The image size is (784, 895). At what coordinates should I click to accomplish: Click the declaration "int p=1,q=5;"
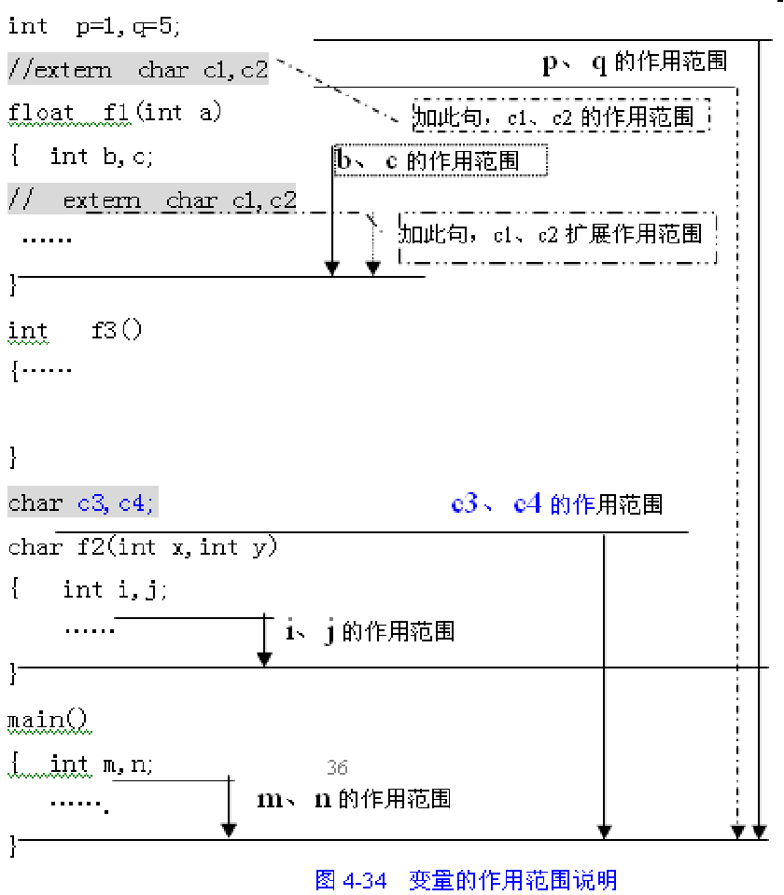pos(93,26)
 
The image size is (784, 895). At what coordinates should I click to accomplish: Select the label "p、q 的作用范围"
pos(635,62)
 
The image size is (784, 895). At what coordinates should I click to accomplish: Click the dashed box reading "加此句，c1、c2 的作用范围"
pos(560,117)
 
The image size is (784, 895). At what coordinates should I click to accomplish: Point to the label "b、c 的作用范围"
pos(440,160)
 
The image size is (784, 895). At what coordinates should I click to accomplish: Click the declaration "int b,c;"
pos(102,157)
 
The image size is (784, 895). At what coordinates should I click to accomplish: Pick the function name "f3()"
pos(117,330)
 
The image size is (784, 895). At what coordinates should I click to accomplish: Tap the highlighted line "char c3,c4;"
pos(83,503)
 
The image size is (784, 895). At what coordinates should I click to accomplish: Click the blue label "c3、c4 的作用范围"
pos(556,504)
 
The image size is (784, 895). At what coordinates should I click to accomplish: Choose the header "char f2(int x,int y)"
pos(143,546)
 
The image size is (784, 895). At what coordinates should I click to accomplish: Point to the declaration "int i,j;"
pos(115,589)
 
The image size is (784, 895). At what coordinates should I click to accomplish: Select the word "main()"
pos(47,720)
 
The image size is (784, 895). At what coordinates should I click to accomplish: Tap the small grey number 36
pos(337,768)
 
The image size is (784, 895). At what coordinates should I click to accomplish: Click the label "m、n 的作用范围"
pos(354,799)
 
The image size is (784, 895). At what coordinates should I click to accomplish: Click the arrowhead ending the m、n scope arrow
pos(229,830)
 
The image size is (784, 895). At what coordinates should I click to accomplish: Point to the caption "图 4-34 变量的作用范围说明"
pos(466,880)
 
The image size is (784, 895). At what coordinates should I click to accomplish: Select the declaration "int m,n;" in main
pos(102,764)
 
